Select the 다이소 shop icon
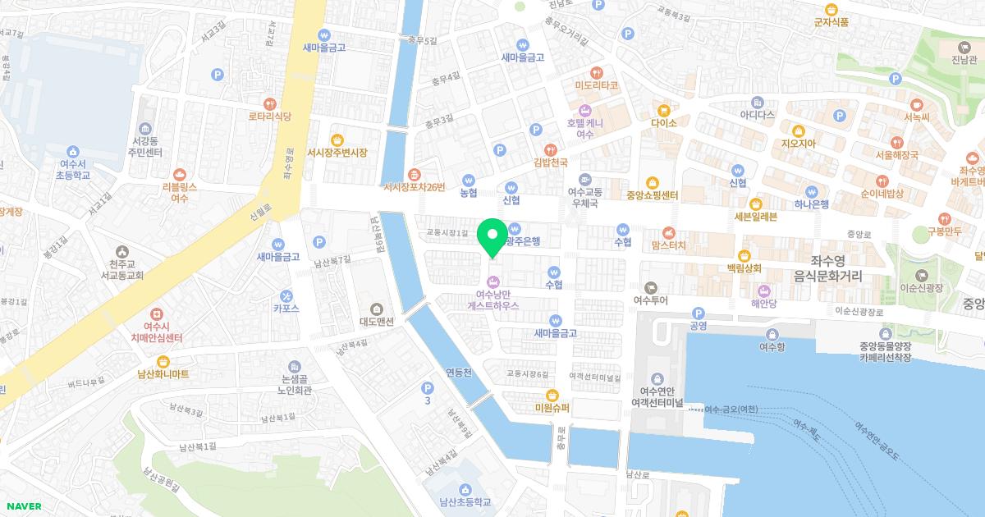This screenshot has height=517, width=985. click(663, 108)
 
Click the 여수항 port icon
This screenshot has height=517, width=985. click(772, 333)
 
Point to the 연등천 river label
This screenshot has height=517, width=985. click(458, 373)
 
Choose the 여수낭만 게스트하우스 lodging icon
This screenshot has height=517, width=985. click(492, 281)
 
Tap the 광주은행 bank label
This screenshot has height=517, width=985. click(523, 241)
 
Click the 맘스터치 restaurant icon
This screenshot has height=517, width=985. click(668, 231)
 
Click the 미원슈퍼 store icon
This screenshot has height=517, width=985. click(552, 395)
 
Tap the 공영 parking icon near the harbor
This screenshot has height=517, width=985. click(699, 313)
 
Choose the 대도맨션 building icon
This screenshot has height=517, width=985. click(377, 309)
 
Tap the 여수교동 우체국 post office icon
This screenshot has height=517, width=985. click(585, 179)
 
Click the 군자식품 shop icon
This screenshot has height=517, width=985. click(831, 9)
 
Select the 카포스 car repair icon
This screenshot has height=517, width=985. click(286, 295)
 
